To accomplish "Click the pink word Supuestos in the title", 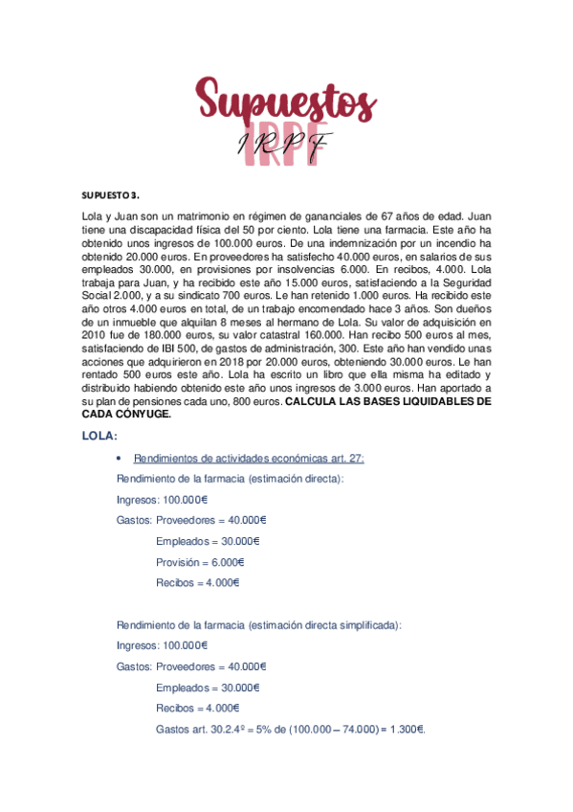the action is click(286, 102).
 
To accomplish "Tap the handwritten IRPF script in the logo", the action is click(286, 143).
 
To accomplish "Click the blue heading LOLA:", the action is click(99, 437).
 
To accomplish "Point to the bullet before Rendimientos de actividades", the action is click(117, 459).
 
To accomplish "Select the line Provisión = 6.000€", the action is click(200, 562).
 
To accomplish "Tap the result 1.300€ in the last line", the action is click(406, 729).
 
